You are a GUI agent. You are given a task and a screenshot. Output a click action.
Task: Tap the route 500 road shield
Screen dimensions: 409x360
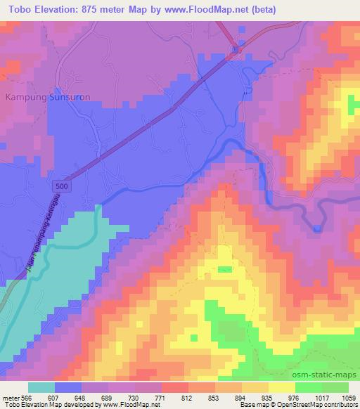pyautogui.click(x=62, y=183)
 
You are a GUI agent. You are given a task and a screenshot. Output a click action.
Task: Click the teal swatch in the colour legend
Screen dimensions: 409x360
pyautogui.click(x=41, y=387)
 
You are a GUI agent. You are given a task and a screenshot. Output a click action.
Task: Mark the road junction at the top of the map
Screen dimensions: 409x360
pyautogui.click(x=238, y=49)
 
